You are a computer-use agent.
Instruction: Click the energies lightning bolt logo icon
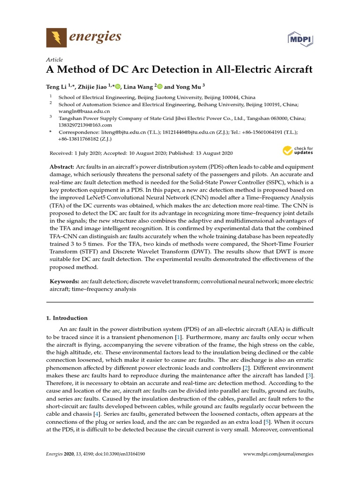coord(56,37)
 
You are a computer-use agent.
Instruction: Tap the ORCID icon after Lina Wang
coord(160,86)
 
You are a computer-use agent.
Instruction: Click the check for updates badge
coord(298,151)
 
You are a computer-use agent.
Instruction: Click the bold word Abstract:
coord(62,167)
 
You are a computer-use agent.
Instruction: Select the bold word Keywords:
coord(65,281)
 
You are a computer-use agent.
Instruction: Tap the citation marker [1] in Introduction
coord(178,337)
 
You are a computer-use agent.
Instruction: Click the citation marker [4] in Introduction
coord(97,414)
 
